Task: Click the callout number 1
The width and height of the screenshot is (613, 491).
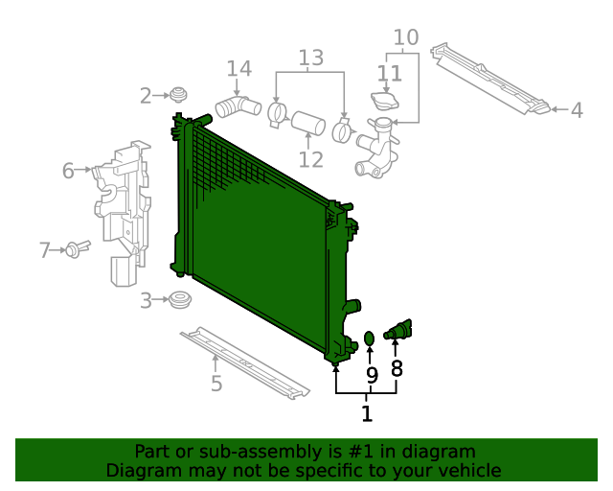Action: (367, 414)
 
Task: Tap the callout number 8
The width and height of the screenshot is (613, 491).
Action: (397, 368)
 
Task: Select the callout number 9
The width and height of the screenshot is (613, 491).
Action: (372, 375)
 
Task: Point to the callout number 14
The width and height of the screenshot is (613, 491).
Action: (238, 69)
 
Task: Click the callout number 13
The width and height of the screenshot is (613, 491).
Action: (310, 58)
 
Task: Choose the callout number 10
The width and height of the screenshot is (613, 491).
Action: (406, 37)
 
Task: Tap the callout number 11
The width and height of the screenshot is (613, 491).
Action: (389, 73)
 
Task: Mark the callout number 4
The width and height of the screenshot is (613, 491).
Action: (577, 111)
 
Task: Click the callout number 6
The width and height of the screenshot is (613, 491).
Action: (68, 171)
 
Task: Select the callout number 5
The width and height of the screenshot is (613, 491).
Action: (216, 384)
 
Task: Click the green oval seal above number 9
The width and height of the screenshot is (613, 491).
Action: (370, 338)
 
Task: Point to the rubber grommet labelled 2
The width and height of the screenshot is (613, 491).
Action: (176, 95)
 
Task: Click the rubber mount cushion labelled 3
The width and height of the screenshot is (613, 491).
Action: (177, 301)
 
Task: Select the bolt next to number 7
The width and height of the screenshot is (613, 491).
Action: (75, 249)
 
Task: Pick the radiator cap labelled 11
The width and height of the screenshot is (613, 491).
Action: (385, 100)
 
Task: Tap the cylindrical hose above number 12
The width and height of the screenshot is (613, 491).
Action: (307, 125)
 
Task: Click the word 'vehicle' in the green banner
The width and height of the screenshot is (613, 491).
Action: (465, 471)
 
